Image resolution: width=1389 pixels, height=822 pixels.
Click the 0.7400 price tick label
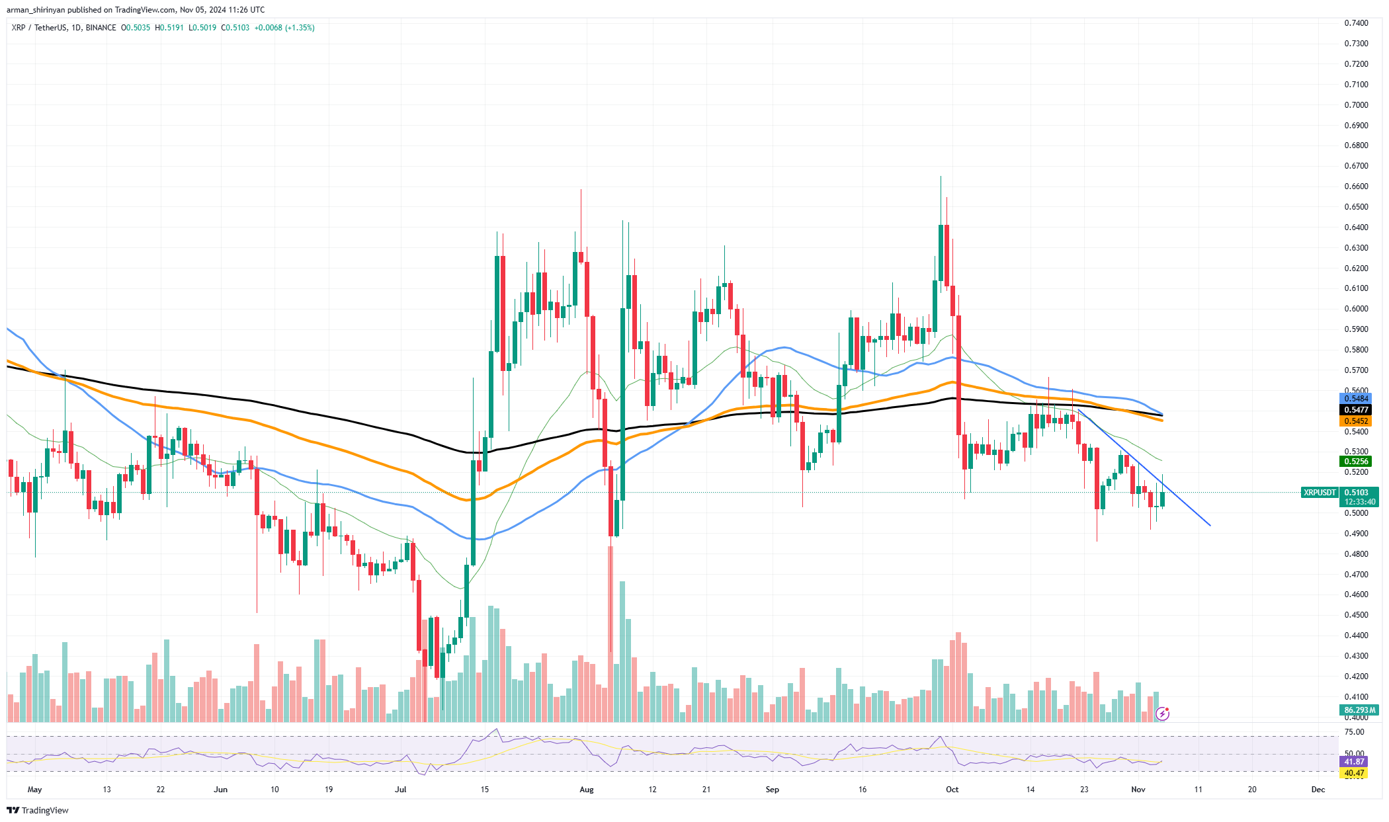(1356, 23)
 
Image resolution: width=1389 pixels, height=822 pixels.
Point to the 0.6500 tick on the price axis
(1356, 207)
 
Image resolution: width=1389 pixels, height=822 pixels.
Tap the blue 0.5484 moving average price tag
(1355, 399)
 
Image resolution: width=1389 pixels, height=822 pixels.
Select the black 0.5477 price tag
(1355, 410)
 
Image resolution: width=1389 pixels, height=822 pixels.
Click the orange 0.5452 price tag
(1355, 421)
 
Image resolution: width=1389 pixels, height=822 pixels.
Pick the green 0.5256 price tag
(1355, 462)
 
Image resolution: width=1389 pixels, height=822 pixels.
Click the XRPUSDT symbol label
(1319, 493)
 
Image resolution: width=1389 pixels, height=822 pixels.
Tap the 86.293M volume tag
(1359, 710)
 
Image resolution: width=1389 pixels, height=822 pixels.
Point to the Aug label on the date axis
(586, 790)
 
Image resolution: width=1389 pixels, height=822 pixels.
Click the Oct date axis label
(952, 790)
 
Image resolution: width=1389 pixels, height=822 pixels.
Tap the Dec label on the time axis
(1318, 790)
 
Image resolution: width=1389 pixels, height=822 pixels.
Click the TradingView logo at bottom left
(38, 811)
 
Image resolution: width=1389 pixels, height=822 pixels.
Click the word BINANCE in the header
(101, 28)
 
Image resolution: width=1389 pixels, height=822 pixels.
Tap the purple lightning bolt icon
(1162, 714)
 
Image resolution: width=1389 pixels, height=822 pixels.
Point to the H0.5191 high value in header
(169, 28)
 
